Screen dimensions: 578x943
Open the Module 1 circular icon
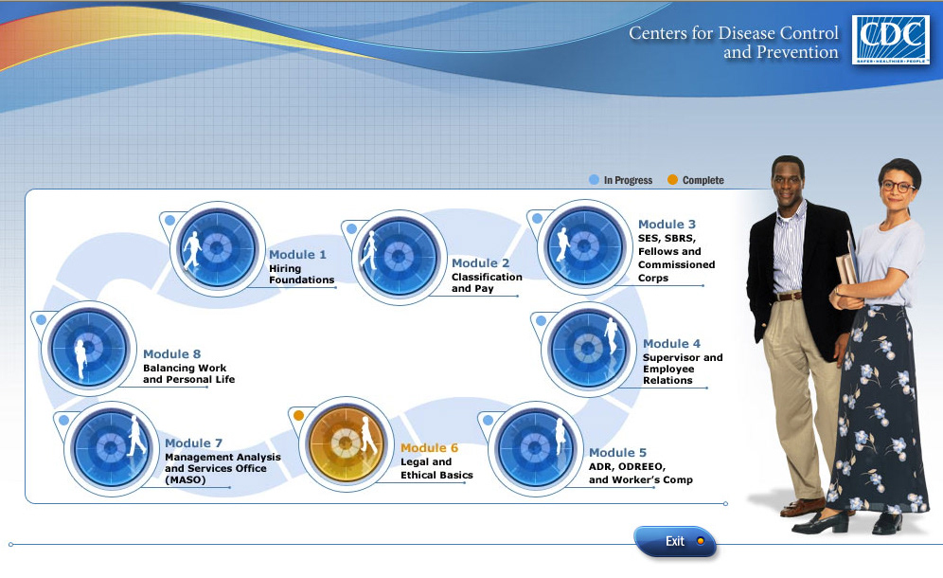coord(217,248)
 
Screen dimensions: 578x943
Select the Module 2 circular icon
coord(399,257)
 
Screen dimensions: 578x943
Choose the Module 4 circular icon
coord(588,349)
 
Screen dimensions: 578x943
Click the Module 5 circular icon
coord(535,448)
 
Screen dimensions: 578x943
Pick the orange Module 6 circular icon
coord(345,443)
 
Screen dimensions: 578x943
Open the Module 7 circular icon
coord(110,447)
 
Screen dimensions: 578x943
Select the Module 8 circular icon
coord(87,347)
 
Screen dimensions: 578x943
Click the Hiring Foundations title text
coord(301,274)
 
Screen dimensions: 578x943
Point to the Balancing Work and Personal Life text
coord(188,373)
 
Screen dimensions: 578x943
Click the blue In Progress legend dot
coord(595,179)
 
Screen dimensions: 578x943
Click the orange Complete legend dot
coord(672,179)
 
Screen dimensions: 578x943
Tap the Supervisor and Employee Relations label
coord(682,369)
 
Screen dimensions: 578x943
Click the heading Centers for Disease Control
coord(734,33)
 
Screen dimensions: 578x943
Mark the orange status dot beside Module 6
coord(298,415)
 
